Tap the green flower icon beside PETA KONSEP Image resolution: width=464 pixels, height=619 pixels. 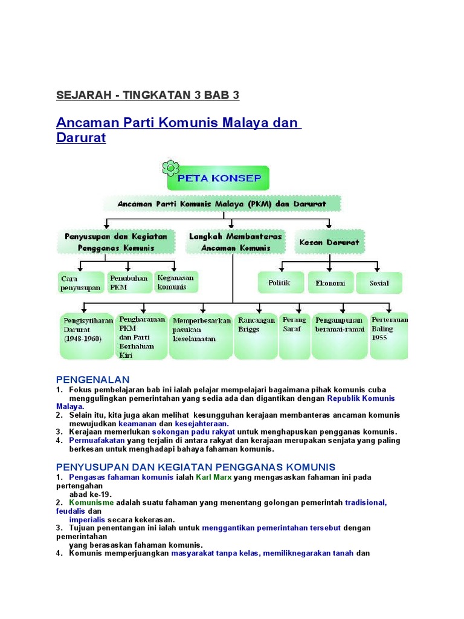(x=171, y=167)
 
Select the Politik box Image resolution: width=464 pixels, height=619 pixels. (x=279, y=282)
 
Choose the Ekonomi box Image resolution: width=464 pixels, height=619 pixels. (x=330, y=282)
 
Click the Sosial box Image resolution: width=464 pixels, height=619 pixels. (x=379, y=282)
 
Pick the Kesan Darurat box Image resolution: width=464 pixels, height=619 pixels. (x=329, y=242)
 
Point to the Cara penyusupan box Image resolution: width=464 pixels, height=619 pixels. (x=80, y=283)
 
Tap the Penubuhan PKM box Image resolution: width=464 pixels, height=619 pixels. (x=127, y=283)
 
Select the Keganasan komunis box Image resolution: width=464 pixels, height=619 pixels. (x=176, y=282)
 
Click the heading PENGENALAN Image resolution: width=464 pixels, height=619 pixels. (x=92, y=380)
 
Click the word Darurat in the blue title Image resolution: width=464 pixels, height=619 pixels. (x=81, y=138)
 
